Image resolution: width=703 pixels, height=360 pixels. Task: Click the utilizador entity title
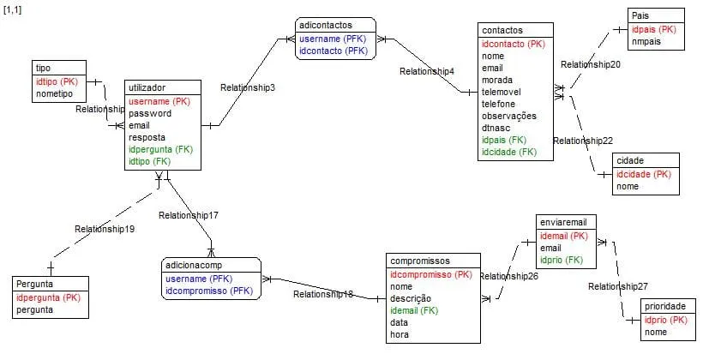pyautogui.click(x=147, y=88)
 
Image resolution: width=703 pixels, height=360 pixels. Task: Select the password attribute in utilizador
pyautogui.click(x=150, y=113)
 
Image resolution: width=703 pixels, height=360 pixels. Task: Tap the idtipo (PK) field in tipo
pyautogui.click(x=57, y=81)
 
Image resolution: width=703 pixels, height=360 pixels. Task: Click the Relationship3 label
pyautogui.click(x=248, y=87)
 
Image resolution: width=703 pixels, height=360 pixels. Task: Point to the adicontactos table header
pyautogui.click(x=325, y=26)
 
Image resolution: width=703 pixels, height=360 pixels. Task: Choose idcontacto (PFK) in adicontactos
pyautogui.click(x=333, y=51)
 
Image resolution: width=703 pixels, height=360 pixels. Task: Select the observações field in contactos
pyautogui.click(x=509, y=116)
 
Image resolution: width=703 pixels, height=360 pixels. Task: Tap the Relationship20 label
pyautogui.click(x=592, y=64)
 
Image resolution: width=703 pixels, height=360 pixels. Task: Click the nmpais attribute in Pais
pyautogui.click(x=646, y=41)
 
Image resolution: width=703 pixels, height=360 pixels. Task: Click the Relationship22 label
pyautogui.click(x=583, y=141)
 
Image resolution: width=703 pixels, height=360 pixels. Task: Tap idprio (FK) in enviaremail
pyautogui.click(x=562, y=260)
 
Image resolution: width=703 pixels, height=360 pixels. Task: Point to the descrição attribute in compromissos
pyautogui.click(x=412, y=298)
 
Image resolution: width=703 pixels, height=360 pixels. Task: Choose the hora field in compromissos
pyautogui.click(x=400, y=334)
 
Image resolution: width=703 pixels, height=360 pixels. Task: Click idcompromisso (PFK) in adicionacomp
pyautogui.click(x=208, y=291)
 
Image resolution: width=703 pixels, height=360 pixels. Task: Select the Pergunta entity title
pyautogui.click(x=37, y=284)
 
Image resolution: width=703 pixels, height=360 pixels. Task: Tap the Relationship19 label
pyautogui.click(x=105, y=229)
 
